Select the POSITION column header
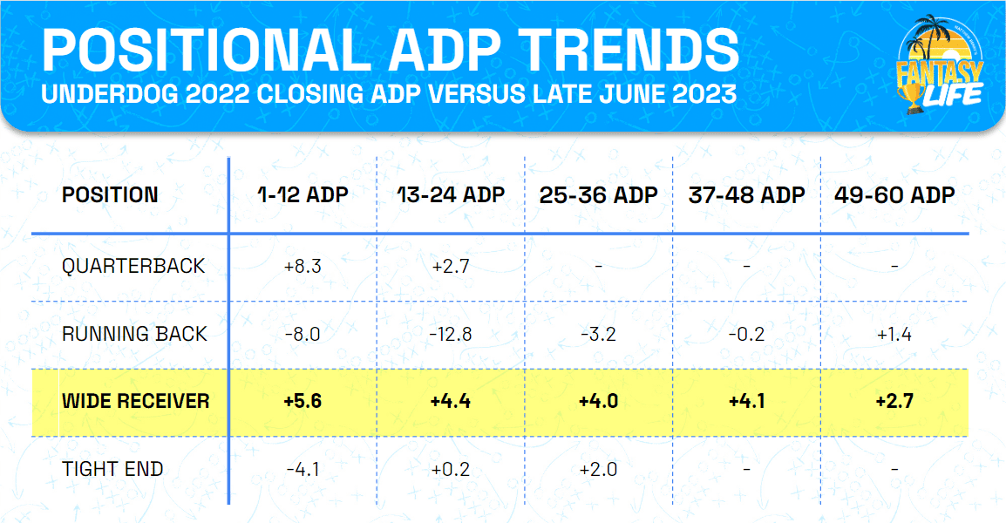pos(110,194)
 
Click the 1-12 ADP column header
pos(302,194)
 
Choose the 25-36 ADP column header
pos(599,194)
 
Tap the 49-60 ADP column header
pos(894,194)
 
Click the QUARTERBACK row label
pos(133,266)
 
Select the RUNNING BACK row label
pos(134,333)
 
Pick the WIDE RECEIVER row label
pos(135,401)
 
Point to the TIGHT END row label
pos(113,469)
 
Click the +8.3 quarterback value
pos(302,266)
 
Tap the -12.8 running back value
pos(451,333)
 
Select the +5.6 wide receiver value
pos(302,401)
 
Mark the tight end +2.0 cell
pos(599,469)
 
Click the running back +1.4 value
pos(894,333)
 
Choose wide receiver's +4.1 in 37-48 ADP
pos(747,401)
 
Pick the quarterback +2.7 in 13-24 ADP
pos(451,266)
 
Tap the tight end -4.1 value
pos(302,469)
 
